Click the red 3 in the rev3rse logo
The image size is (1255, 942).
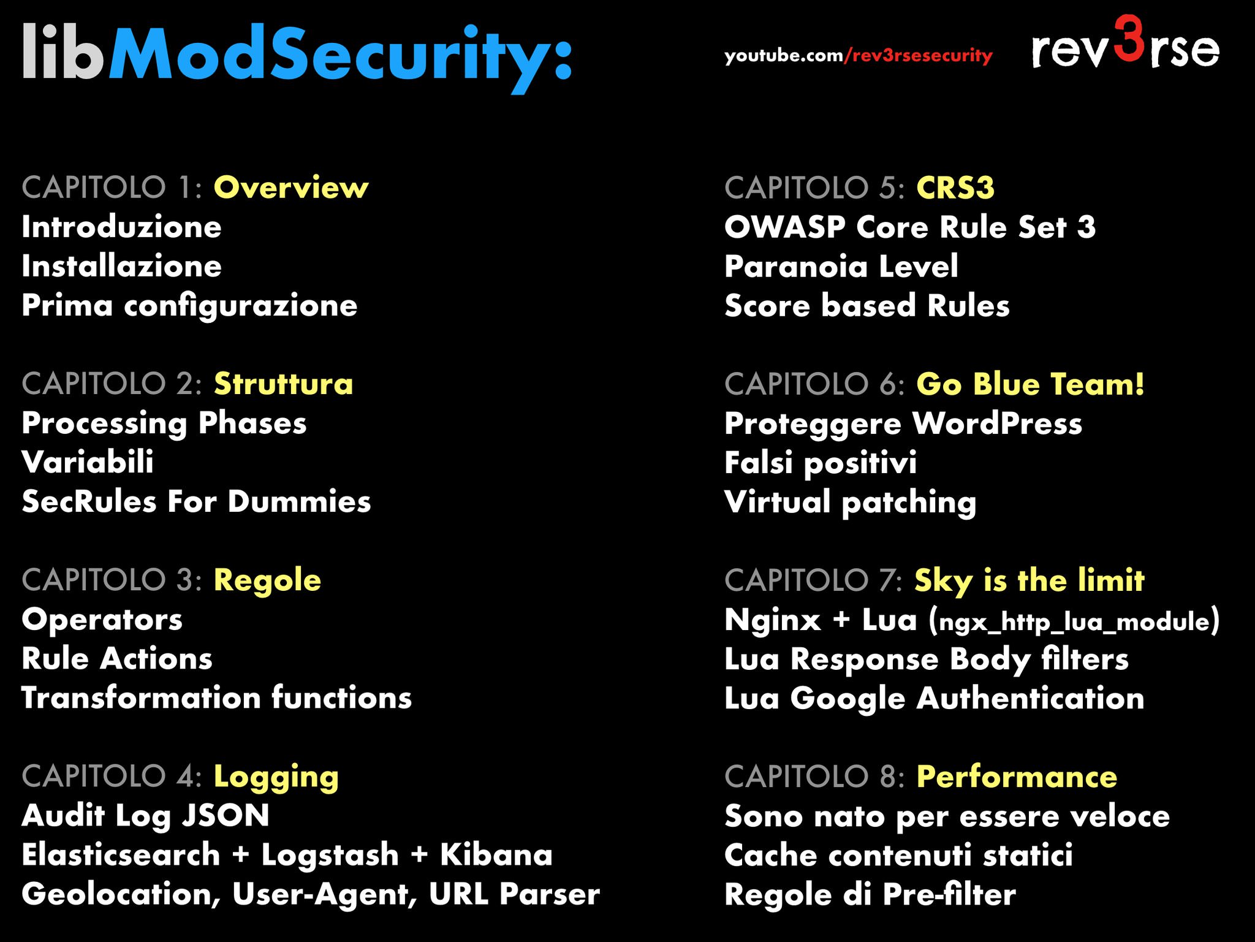click(1128, 39)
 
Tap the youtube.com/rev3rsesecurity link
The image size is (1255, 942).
click(858, 56)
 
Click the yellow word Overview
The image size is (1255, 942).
click(291, 187)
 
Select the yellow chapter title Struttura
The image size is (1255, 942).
click(283, 384)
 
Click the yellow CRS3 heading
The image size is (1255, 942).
click(955, 188)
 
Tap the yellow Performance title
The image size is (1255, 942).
click(1017, 777)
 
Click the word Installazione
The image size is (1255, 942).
click(121, 266)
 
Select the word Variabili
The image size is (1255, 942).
click(88, 462)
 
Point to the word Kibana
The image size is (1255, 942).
click(496, 855)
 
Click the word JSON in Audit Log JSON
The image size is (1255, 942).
click(226, 816)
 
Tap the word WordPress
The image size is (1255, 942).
click(997, 424)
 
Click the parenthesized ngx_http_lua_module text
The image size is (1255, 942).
click(1074, 621)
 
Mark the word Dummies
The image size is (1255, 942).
click(299, 502)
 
